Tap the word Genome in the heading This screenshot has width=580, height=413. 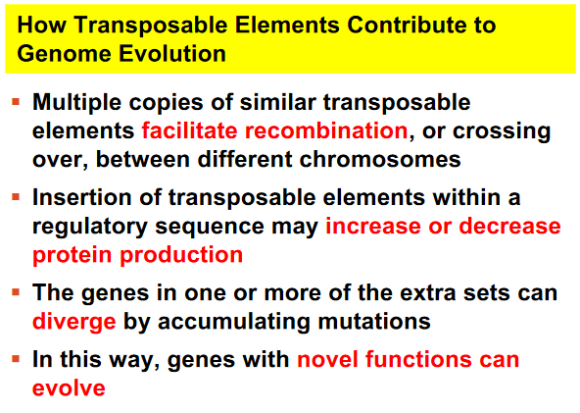(65, 54)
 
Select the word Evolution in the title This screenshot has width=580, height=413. (172, 53)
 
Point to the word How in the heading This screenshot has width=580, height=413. (42, 25)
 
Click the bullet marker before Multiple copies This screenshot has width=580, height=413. (16, 101)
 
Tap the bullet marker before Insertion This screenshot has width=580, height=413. (16, 196)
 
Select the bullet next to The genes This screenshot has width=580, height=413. (16, 292)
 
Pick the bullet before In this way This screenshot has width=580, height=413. (16, 358)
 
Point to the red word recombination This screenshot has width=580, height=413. (326, 130)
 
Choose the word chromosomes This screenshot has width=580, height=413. (380, 159)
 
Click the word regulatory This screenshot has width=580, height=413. (90, 227)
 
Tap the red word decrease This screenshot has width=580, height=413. (509, 226)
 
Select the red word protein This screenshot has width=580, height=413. (72, 256)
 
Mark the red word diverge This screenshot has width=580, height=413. (74, 322)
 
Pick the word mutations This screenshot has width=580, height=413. (374, 321)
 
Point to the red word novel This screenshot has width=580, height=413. (328, 359)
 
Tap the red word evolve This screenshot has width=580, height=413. (69, 387)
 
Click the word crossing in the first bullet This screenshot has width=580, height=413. (502, 131)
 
